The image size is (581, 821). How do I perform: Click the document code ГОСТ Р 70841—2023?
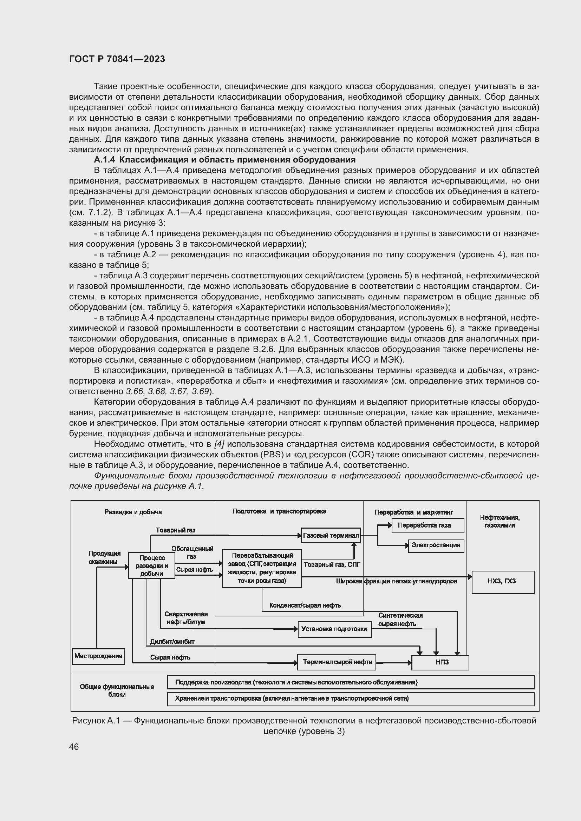117,59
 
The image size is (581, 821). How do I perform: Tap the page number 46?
74,747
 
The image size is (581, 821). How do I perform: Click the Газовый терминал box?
331,535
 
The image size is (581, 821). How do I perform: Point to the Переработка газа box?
427,525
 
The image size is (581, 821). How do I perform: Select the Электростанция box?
436,545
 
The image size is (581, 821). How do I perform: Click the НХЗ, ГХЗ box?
503,581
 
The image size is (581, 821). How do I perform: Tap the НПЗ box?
440,662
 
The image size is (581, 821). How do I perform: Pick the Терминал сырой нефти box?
337,662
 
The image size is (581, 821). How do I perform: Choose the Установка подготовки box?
334,629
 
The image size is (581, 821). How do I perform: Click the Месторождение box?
98,656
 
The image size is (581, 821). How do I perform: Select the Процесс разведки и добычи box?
152,565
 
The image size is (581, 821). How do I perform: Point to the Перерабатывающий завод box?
262,568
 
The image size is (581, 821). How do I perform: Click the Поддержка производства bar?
351,682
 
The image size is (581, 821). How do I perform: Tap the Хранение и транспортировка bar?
351,698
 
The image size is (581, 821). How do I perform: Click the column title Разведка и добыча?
133,512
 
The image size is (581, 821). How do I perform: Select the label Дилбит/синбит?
172,642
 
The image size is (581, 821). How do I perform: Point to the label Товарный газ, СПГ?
332,565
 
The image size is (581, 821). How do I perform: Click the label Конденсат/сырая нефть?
305,605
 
